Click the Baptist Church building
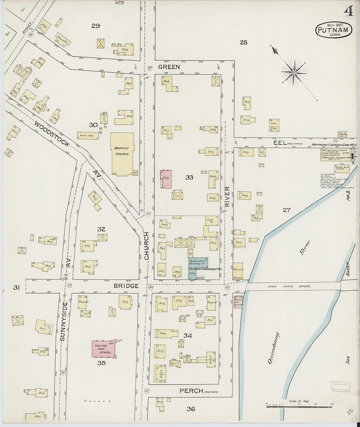tap(122, 154)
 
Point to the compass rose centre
tap(294, 72)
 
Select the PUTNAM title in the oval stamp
tap(333, 30)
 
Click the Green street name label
tap(169, 67)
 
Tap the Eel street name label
tap(282, 143)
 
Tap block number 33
tap(189, 178)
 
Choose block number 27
tap(287, 210)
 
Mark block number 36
tap(191, 409)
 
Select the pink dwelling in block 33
tap(166, 179)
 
